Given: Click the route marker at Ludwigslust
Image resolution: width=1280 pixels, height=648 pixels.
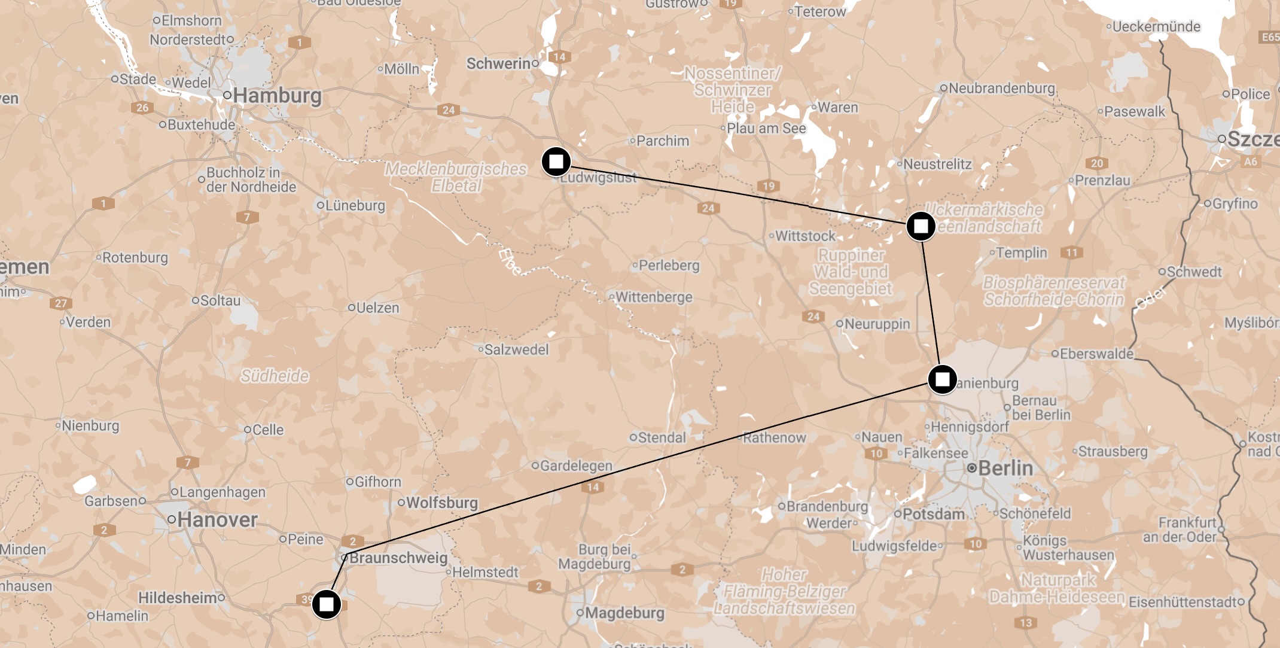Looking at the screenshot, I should [x=556, y=162].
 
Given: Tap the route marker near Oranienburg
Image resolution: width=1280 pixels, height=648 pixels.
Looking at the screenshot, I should [x=942, y=379].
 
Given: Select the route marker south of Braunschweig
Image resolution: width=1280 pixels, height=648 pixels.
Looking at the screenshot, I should [x=327, y=604].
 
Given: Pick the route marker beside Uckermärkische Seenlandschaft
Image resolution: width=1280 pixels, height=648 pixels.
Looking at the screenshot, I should [x=921, y=226].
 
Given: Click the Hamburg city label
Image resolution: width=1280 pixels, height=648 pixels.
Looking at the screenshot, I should [x=277, y=96].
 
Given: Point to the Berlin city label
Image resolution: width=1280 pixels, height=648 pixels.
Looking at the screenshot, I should [x=1005, y=468].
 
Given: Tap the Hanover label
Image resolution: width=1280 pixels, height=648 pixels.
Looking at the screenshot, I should [x=217, y=519].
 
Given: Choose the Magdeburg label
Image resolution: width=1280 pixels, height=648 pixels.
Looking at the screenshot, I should [x=624, y=613].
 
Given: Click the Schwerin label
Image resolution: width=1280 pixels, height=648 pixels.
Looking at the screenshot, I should [x=498, y=63].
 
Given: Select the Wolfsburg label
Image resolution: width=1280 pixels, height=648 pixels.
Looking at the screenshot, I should [x=441, y=503].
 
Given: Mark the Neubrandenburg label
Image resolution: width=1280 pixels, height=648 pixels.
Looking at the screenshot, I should [x=1001, y=89].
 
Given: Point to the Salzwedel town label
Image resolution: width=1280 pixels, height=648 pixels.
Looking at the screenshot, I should [x=516, y=349].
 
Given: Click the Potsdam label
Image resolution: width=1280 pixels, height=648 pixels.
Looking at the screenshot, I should [x=933, y=514].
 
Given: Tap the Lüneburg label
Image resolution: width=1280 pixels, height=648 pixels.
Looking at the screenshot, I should [x=355, y=205].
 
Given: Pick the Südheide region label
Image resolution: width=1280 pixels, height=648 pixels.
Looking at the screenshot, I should [x=275, y=376].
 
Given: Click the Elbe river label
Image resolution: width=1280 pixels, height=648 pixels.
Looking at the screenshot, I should [x=510, y=262].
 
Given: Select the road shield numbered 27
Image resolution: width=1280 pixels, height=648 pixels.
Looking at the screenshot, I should [x=61, y=303].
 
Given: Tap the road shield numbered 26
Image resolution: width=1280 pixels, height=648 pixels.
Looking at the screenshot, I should [x=142, y=108].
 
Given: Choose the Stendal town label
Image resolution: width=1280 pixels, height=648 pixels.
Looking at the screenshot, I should [x=662, y=438].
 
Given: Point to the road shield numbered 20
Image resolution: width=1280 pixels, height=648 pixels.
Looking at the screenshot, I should [x=1096, y=163].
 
